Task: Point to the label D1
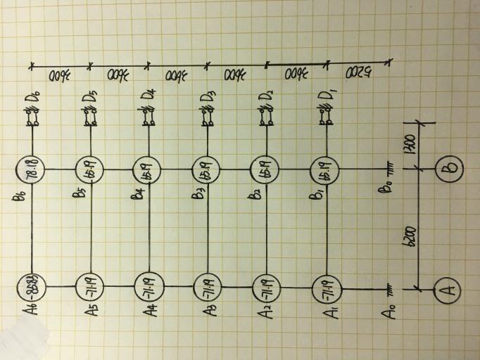(x=327, y=94)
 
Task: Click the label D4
(x=149, y=94)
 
